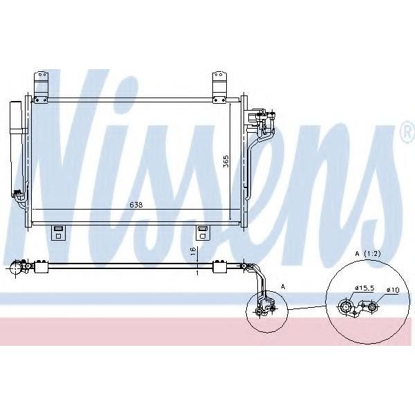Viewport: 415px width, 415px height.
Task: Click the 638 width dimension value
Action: (136, 205)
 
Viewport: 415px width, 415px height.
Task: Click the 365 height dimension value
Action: (225, 161)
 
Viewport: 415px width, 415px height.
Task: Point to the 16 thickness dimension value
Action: (193, 250)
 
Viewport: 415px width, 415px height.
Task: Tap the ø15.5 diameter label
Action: (365, 288)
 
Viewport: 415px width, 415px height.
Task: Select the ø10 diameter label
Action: (393, 290)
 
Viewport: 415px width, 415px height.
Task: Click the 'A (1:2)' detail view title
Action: (368, 254)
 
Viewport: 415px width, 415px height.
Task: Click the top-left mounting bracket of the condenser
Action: (41, 87)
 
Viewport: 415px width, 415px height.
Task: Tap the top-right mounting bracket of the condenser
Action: (219, 87)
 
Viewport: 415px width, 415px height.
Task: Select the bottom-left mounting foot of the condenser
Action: (59, 232)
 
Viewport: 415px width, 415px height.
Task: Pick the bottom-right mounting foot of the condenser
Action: (203, 232)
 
